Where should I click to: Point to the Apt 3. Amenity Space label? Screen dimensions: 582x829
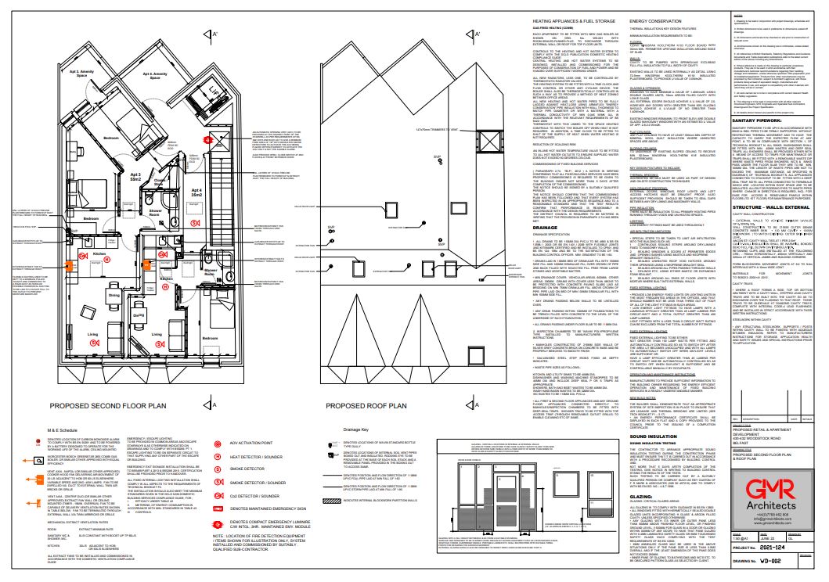[x=87, y=74]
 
